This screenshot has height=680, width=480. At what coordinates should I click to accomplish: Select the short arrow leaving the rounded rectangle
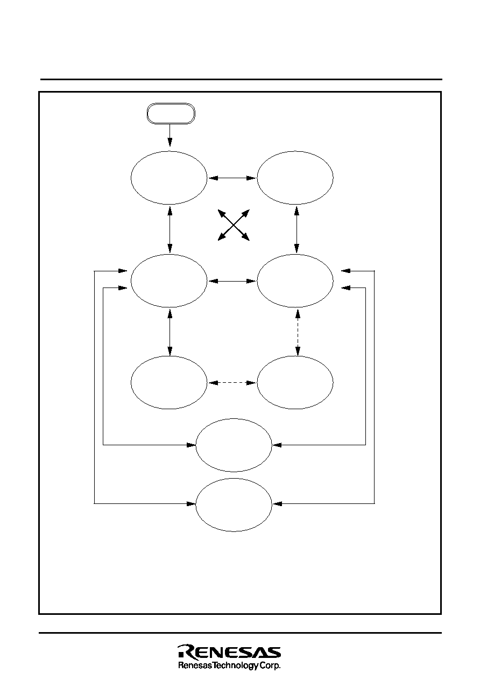click(170, 135)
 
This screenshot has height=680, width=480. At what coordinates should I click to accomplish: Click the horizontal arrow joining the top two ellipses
click(232, 178)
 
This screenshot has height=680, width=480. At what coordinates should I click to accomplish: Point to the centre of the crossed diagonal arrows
click(234, 225)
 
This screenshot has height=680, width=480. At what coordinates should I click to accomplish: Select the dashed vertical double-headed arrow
click(298, 332)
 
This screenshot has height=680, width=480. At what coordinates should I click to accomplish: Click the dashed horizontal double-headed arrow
click(232, 383)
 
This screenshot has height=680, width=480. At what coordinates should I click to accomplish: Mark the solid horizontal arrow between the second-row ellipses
click(232, 281)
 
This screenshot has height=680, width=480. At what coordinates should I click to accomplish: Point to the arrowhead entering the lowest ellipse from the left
click(191, 504)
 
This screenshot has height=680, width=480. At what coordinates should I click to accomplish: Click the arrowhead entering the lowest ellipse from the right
click(277, 504)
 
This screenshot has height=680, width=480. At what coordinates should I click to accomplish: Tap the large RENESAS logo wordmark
click(229, 652)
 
